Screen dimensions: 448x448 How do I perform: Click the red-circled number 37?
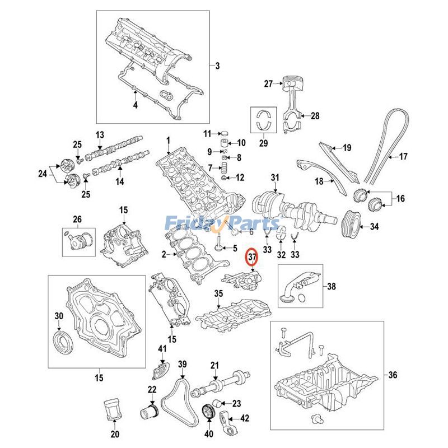pos(252,258)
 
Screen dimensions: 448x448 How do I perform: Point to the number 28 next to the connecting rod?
pos(315,116)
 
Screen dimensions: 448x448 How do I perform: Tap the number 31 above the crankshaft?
pos(274,178)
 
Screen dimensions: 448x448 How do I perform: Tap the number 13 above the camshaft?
pos(100,135)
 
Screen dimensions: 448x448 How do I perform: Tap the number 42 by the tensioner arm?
pos(245,418)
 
